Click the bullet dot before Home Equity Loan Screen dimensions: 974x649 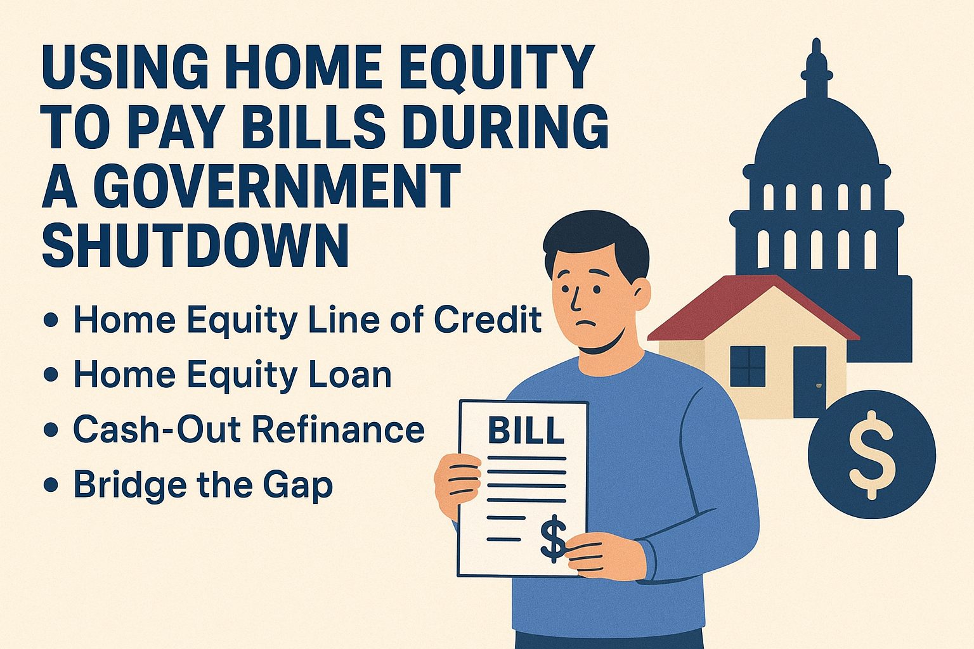[x=51, y=375]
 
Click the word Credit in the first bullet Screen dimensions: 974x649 [x=488, y=319]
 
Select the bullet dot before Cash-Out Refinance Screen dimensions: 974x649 [x=51, y=430]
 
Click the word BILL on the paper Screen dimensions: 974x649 [x=526, y=430]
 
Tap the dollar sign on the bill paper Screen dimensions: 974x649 [x=554, y=539]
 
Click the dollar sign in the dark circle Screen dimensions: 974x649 [x=871, y=454]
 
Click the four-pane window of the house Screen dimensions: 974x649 [x=748, y=366]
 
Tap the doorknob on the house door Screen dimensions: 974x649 [x=819, y=385]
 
